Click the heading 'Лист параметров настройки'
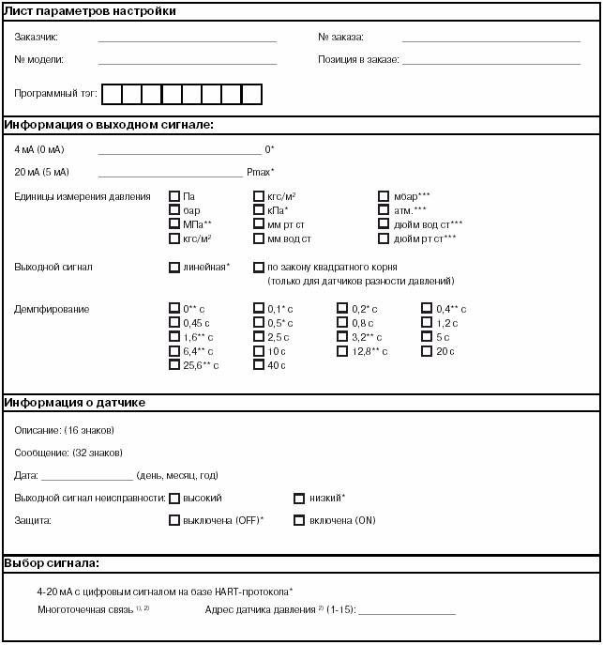[x=90, y=11]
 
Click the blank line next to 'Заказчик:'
[x=187, y=38]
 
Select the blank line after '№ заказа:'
[x=490, y=38]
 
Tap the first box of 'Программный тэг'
[x=112, y=94]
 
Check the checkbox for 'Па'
[x=174, y=196]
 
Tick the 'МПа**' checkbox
[x=174, y=224]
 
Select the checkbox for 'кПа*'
[x=259, y=210]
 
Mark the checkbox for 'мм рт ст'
[x=259, y=224]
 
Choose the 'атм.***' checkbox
[x=384, y=210]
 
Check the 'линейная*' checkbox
[x=174, y=268]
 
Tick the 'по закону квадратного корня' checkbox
[x=259, y=268]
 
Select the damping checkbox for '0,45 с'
[x=174, y=323]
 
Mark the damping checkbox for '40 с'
[x=259, y=365]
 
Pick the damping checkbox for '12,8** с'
[x=343, y=351]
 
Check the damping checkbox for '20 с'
[x=428, y=351]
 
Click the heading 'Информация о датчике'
[x=74, y=403]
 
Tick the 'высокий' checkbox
[x=174, y=499]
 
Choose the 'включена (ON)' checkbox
[x=300, y=520]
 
